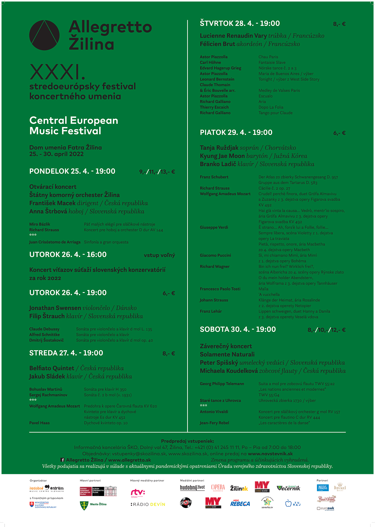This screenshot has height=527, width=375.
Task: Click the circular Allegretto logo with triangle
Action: (x=44, y=35)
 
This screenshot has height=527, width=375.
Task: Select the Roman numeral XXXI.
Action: (x=57, y=72)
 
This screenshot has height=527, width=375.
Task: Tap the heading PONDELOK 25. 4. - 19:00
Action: (x=72, y=171)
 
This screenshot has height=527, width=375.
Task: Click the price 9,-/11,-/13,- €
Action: (x=157, y=172)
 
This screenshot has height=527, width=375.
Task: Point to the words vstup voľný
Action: (x=159, y=255)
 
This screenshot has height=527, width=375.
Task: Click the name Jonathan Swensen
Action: (x=55, y=308)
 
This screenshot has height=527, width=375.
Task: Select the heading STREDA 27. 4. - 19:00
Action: (x=66, y=353)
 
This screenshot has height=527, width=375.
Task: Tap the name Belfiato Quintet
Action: (x=52, y=368)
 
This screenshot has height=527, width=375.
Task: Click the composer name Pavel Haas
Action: (x=39, y=423)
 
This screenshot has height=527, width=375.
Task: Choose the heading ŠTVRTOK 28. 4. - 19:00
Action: (x=239, y=24)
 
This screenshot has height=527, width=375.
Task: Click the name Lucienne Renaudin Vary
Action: (x=233, y=36)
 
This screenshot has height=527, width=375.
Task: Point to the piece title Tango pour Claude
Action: (x=275, y=113)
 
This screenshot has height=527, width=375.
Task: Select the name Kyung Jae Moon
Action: (x=222, y=156)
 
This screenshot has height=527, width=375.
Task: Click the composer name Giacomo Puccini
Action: (x=215, y=255)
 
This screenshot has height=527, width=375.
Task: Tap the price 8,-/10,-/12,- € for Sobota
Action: (x=326, y=330)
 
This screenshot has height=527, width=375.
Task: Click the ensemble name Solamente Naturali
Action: (x=227, y=355)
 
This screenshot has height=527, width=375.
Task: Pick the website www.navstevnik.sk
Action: (x=270, y=454)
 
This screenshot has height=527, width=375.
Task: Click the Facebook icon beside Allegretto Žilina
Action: (x=63, y=460)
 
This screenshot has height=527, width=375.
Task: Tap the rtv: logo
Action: (x=138, y=493)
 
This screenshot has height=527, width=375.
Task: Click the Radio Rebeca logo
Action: (x=240, y=503)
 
